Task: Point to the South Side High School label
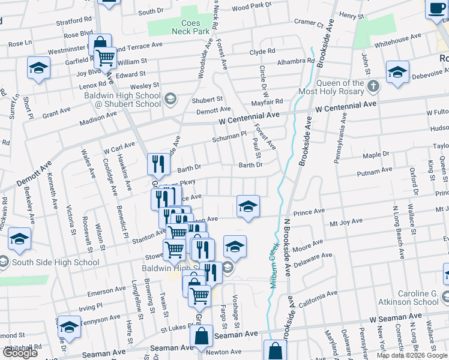[x=55, y=262]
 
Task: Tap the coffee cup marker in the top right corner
[x=436, y=10]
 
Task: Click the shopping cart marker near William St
[x=106, y=59]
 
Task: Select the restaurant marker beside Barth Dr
[x=157, y=163]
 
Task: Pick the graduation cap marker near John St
[x=397, y=72]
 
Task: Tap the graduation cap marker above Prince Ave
[x=248, y=206]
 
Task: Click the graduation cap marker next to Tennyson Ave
[x=70, y=327]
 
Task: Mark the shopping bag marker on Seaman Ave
[x=202, y=337]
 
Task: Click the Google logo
[x=20, y=353]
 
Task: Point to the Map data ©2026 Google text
[x=411, y=355]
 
